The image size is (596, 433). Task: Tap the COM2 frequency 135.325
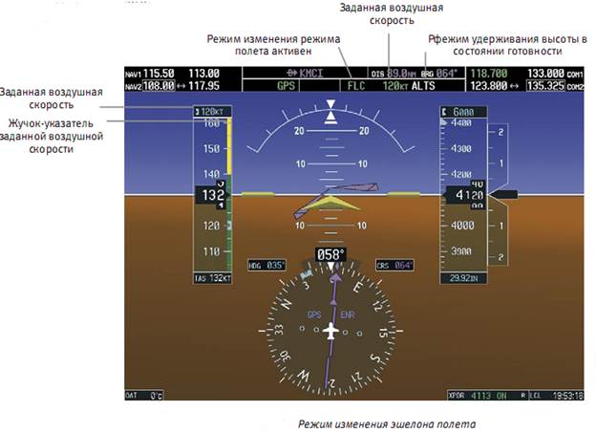[546, 85]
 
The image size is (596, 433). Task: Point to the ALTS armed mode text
[422, 85]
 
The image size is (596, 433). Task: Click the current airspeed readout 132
[209, 195]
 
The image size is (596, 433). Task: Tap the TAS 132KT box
[213, 278]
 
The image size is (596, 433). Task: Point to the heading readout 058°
[330, 255]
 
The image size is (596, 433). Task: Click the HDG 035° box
[266, 265]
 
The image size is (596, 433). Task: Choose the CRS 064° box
[393, 265]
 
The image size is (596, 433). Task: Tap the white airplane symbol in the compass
[330, 331]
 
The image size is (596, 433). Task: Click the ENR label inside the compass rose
[347, 313]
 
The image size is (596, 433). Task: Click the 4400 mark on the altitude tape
[461, 123]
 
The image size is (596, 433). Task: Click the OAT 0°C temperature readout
[146, 394]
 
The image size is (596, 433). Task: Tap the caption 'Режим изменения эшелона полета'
[385, 422]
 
